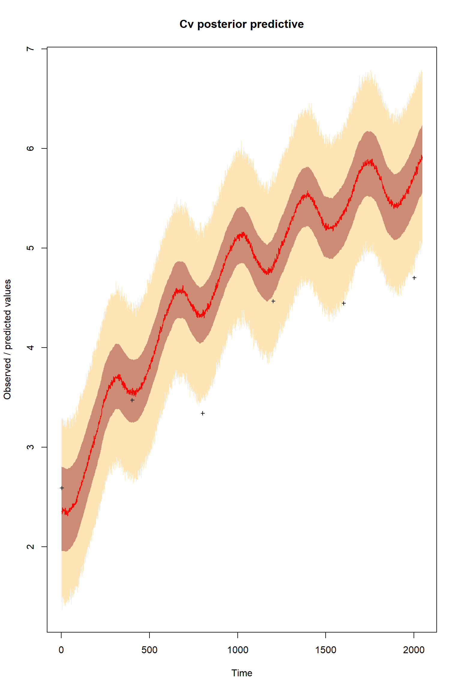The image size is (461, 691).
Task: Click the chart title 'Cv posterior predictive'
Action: click(241, 24)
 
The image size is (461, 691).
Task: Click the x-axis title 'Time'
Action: click(242, 673)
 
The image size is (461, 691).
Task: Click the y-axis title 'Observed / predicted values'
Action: click(8, 339)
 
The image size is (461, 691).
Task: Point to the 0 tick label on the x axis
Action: click(61, 650)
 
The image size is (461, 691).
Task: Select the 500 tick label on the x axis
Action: click(149, 650)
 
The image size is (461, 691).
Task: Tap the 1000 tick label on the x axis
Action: click(237, 650)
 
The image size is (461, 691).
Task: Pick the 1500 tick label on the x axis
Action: click(326, 650)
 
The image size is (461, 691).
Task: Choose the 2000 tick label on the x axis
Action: click(414, 650)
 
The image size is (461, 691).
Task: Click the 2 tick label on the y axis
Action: click(30, 546)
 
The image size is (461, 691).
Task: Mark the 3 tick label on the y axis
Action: click(30, 447)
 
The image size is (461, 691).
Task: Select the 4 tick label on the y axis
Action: click(30, 347)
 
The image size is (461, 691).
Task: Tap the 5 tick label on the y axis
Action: click(30, 248)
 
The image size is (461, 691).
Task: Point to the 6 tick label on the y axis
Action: click(30, 148)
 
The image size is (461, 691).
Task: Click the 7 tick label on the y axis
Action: click(30, 49)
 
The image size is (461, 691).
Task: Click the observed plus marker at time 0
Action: click(62, 488)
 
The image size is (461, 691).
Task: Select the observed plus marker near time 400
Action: click(132, 400)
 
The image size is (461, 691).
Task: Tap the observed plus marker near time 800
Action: click(203, 413)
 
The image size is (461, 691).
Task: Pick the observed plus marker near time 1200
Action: click(273, 301)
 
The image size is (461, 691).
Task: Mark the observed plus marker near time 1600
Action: click(344, 303)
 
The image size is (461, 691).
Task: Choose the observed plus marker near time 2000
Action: click(414, 278)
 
